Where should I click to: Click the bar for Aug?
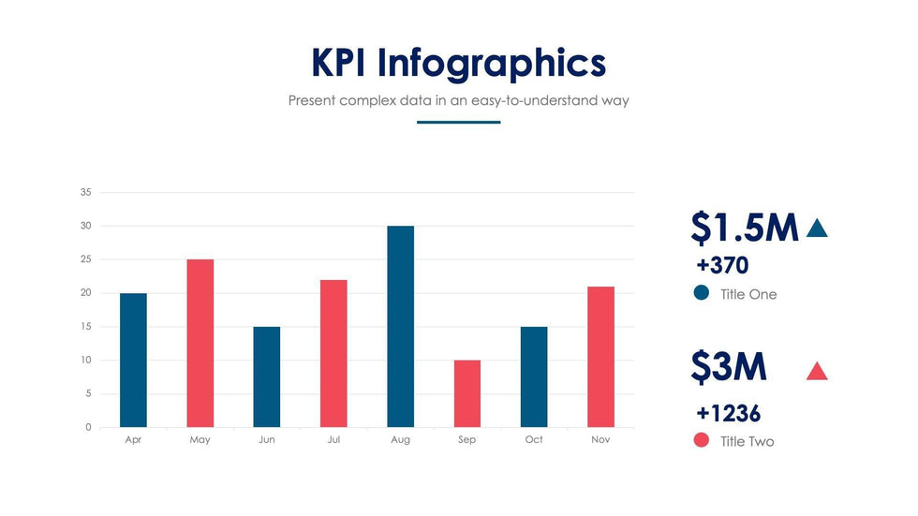[400, 327]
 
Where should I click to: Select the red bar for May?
[200, 344]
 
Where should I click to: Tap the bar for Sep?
[466, 393]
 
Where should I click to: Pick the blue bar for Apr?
[133, 361]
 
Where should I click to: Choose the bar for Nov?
[600, 357]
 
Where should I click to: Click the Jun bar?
[266, 376]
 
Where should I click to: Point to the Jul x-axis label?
[333, 440]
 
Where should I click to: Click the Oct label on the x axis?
[534, 440]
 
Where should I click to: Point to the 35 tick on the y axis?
[85, 193]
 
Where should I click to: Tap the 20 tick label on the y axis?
[85, 293]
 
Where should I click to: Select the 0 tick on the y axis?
[88, 427]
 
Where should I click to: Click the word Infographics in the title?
[492, 64]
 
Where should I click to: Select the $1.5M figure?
[745, 228]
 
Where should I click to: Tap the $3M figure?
[729, 367]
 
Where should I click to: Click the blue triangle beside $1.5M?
[817, 228]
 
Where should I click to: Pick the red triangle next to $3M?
[817, 372]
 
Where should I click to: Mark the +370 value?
[722, 265]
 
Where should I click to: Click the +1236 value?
[728, 413]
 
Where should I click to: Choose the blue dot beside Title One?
[702, 293]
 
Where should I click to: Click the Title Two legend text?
[748, 441]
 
